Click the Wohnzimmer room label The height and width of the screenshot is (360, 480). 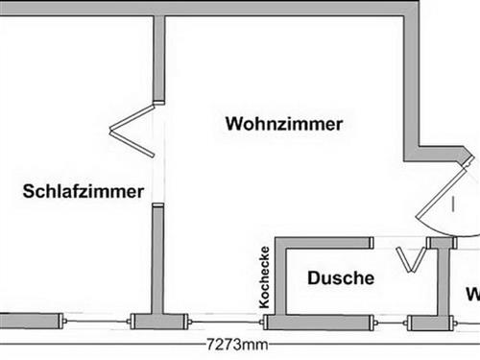(284, 124)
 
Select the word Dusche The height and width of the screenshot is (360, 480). (340, 278)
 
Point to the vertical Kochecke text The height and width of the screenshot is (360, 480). (264, 277)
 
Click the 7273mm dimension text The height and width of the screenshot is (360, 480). (237, 344)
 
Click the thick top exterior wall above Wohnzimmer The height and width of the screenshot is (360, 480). (288, 7)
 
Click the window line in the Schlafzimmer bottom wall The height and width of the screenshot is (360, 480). (96, 321)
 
